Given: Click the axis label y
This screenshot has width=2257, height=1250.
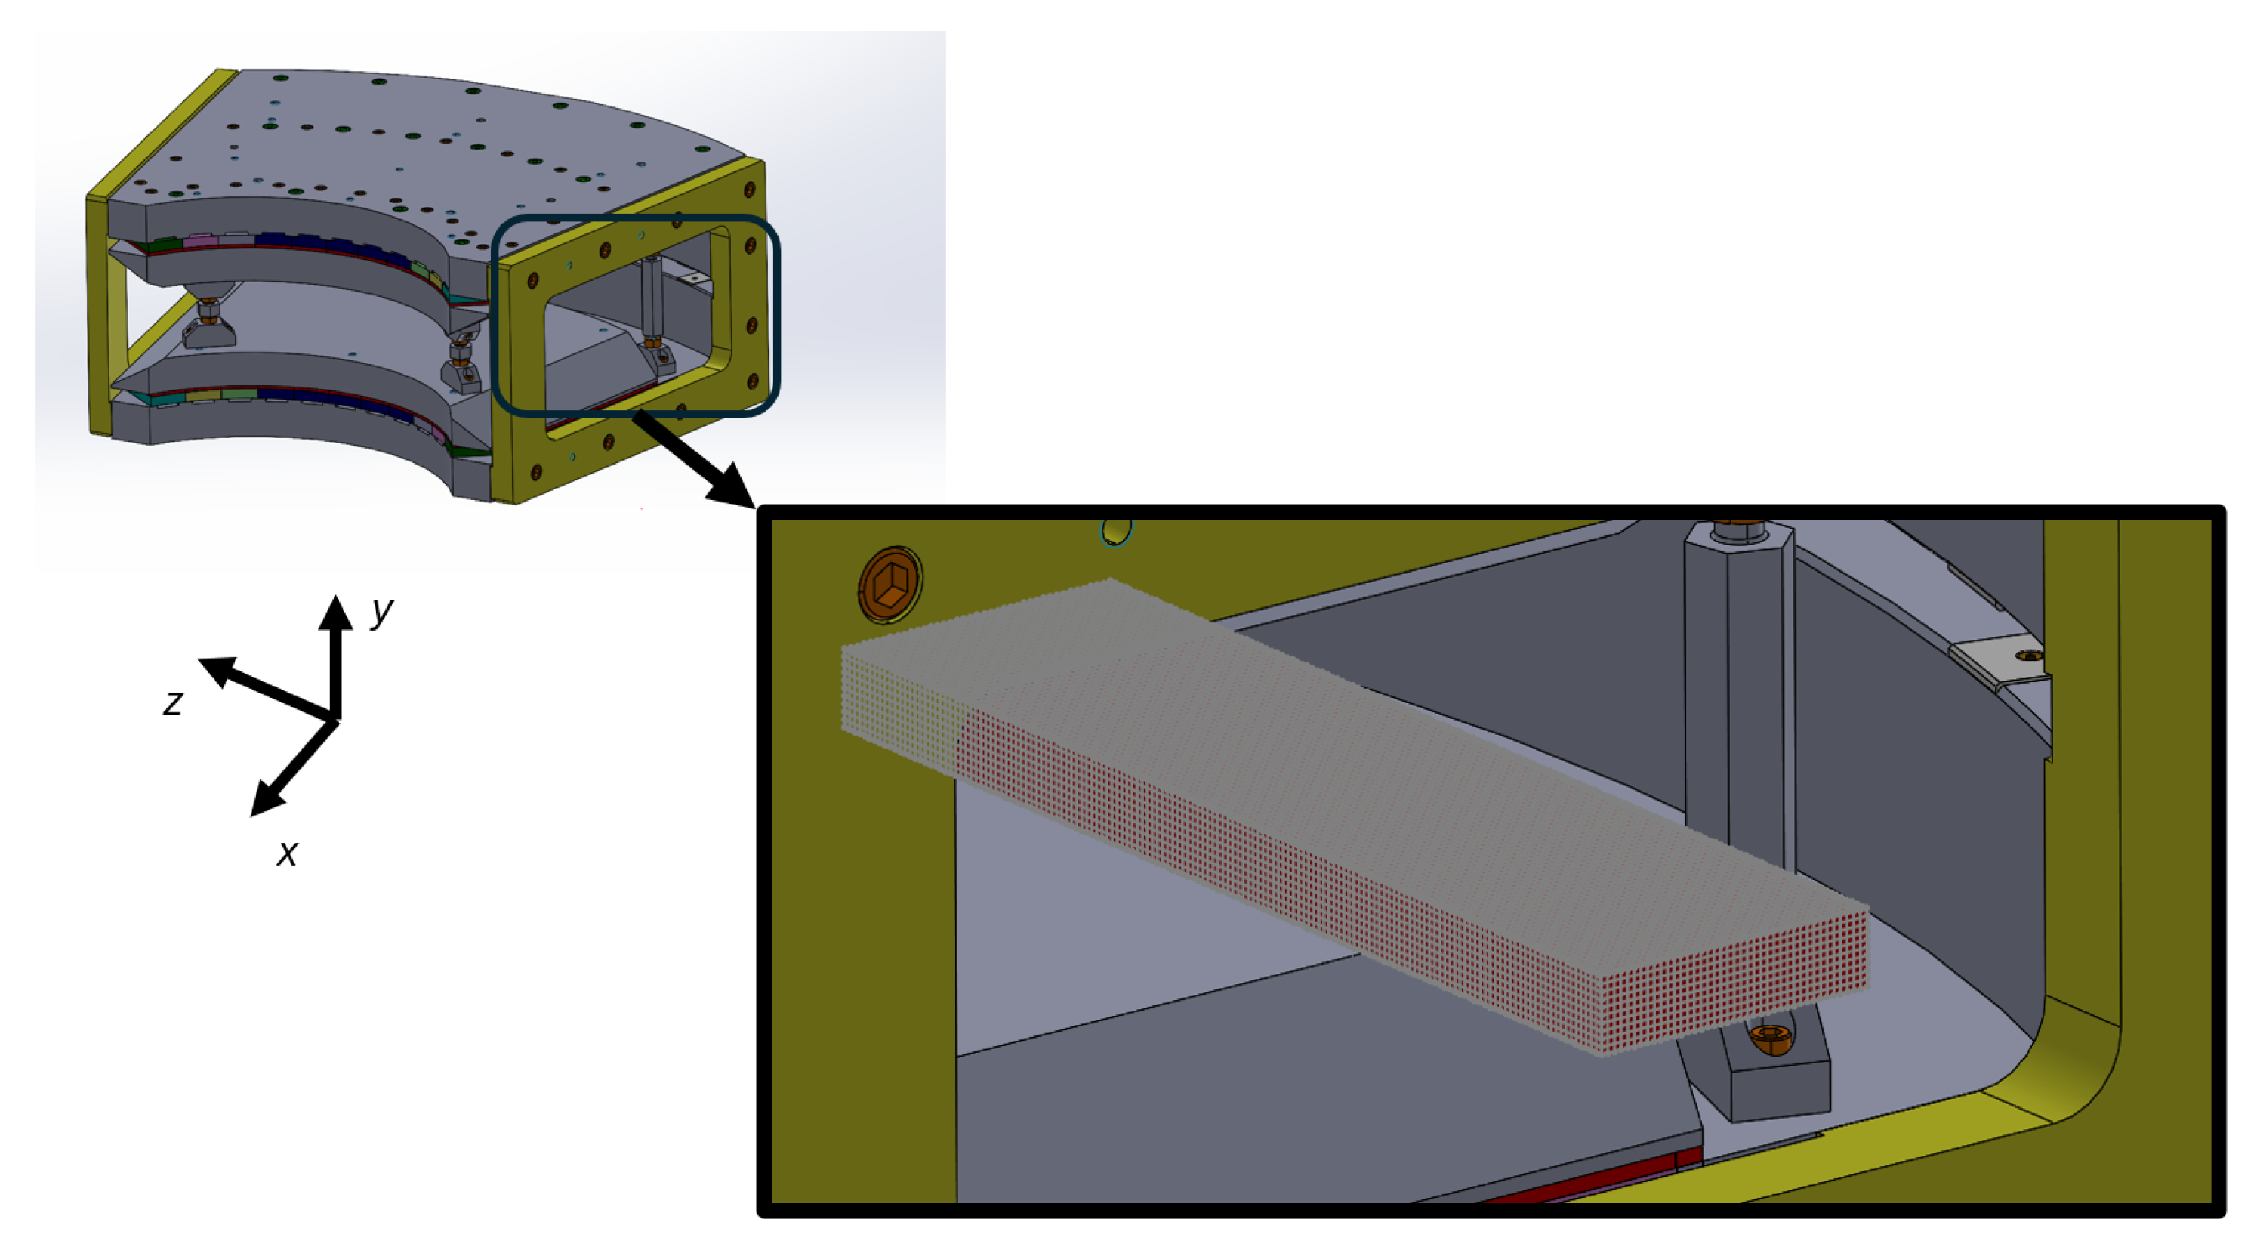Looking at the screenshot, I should click(x=381, y=611).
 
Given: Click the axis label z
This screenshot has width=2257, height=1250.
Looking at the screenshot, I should click(x=174, y=703).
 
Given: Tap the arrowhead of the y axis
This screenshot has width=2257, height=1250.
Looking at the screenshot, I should click(x=335, y=611).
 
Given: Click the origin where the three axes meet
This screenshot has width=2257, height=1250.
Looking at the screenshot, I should click(x=335, y=719).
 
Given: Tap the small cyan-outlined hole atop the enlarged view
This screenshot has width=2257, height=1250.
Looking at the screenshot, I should click(x=1116, y=530).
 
